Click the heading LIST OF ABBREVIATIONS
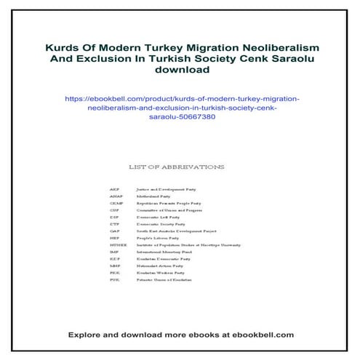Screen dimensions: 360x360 [x=175, y=167]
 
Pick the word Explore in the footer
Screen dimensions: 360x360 [x=87, y=335]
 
